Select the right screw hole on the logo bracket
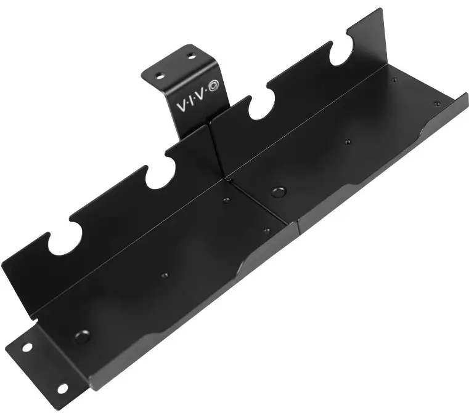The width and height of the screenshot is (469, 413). click(191, 56)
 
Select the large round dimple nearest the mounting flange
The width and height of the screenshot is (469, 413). click(81, 337)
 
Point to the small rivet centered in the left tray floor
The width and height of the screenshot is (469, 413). click(165, 275)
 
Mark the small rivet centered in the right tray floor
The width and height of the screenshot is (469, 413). click(347, 142)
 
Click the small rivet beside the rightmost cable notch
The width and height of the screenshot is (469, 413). click(395, 78)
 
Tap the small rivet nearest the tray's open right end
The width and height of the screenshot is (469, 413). click(437, 103)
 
